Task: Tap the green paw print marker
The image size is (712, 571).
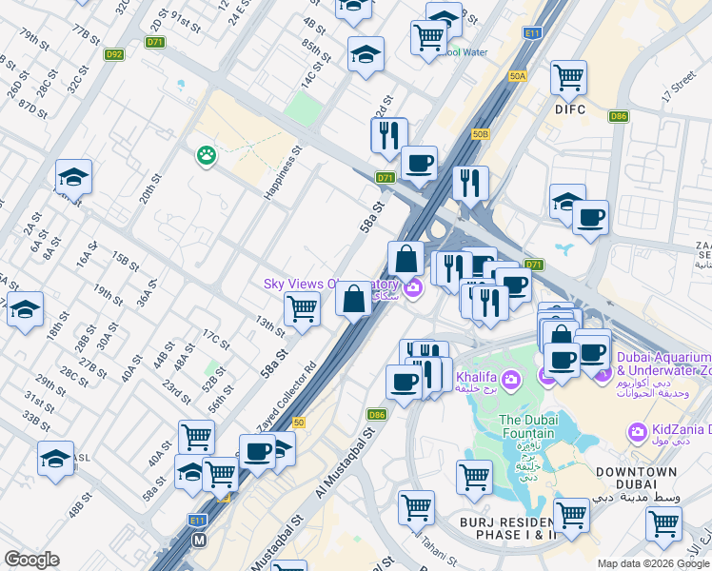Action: pyautogui.click(x=206, y=154)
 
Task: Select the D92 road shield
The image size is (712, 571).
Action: pyautogui.click(x=115, y=55)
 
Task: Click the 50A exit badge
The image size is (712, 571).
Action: pyautogui.click(x=517, y=75)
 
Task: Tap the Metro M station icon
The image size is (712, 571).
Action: pyautogui.click(x=200, y=540)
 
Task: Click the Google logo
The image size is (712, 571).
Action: pyautogui.click(x=31, y=560)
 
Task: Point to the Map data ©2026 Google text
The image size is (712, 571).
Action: pyautogui.click(x=652, y=563)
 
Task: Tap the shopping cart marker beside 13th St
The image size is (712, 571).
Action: pyautogui.click(x=302, y=308)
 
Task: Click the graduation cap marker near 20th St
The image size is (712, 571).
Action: pyautogui.click(x=73, y=177)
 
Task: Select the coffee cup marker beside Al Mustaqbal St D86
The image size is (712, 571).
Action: pyautogui.click(x=404, y=383)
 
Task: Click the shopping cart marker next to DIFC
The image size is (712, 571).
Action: pyautogui.click(x=568, y=77)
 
